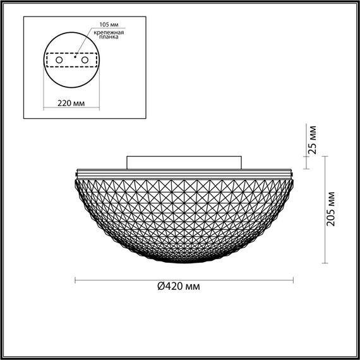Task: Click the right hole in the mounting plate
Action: [82, 59]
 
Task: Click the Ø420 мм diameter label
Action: [179, 286]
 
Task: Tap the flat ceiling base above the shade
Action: [184, 162]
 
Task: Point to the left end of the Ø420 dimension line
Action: [76, 279]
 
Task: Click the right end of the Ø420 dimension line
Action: [294, 279]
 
